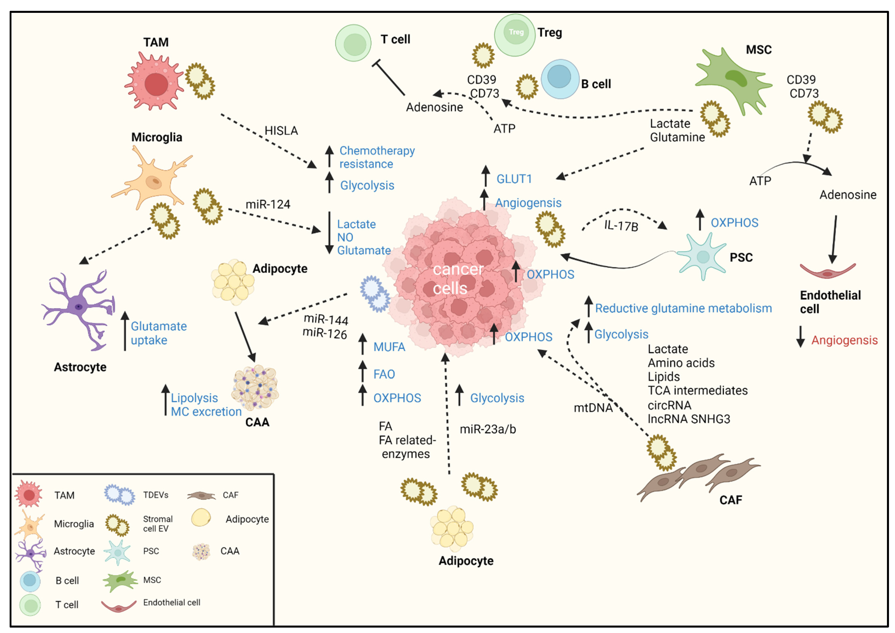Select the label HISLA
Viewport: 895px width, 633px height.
coord(281,130)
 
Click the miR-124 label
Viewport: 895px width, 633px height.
coord(268,204)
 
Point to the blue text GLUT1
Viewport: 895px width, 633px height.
coord(514,179)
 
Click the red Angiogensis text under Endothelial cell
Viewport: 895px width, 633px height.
coord(844,340)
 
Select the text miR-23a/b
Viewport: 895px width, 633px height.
coord(488,429)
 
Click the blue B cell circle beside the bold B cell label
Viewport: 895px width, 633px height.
coord(560,79)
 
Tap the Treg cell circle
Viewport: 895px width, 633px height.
coord(514,35)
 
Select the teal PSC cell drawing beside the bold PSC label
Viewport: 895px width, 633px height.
coord(702,256)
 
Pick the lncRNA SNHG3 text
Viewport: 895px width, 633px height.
coord(689,419)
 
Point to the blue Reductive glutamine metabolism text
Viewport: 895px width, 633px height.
coord(683,308)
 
